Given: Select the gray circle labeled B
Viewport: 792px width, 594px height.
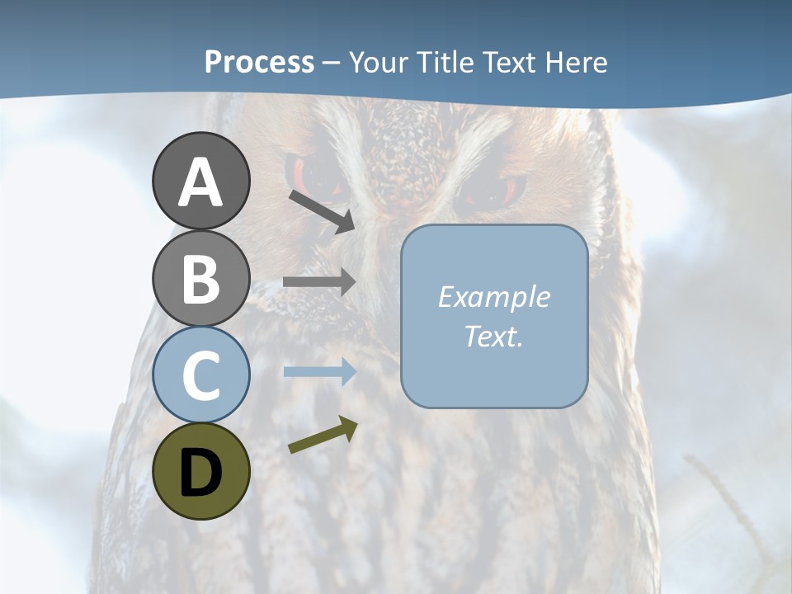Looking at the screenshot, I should point(200,278).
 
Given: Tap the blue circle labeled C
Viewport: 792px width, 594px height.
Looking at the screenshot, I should point(200,375).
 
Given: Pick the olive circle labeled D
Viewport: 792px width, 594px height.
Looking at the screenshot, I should point(200,471).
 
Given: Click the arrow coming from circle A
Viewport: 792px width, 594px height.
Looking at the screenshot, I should point(322,211).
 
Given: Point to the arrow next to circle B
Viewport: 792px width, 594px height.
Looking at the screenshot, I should point(319,282).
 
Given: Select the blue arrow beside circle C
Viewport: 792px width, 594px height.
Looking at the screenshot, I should point(319,372).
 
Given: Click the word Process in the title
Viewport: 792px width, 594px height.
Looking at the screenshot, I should point(259,63).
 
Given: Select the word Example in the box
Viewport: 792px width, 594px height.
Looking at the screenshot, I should point(493,297).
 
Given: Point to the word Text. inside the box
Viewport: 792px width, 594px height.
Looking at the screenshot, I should point(493,337).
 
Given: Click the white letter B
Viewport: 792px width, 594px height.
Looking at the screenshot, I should point(200,278).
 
